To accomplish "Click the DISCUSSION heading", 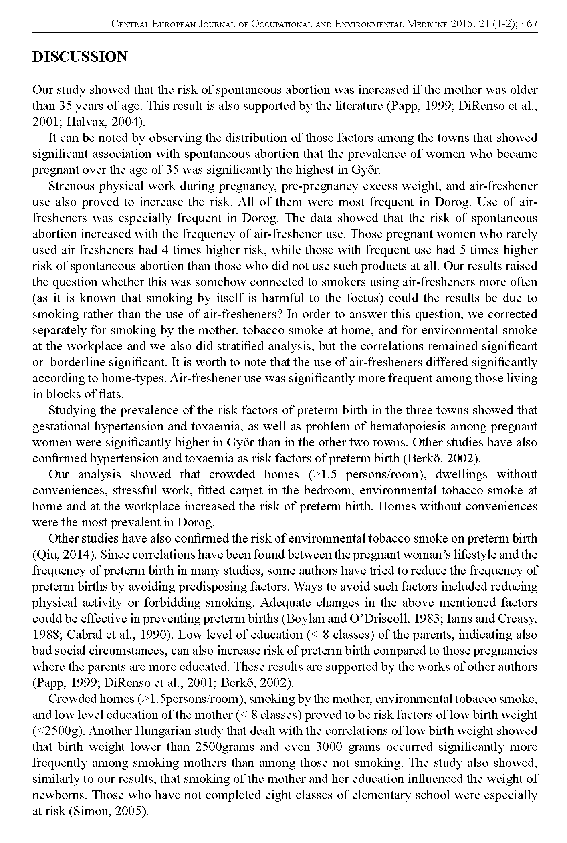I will (80, 57).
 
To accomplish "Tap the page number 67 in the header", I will (532, 24).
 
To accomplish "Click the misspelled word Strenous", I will (71, 186).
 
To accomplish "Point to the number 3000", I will (329, 747).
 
